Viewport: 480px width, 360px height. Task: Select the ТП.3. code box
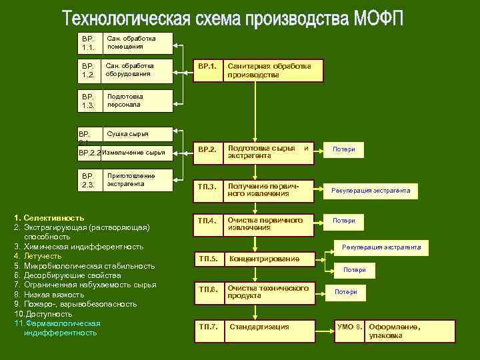pyautogui.click(x=207, y=189)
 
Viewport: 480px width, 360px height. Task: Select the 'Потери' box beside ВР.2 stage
pyautogui.click(x=344, y=149)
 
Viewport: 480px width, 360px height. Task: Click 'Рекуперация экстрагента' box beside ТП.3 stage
pyautogui.click(x=371, y=191)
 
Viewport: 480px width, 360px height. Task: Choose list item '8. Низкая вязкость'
pyautogui.click(x=49, y=294)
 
